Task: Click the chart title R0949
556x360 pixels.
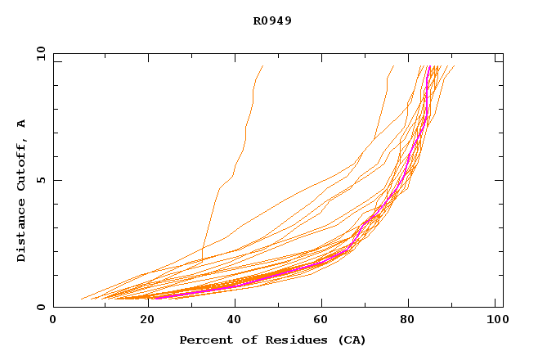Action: [x=272, y=21]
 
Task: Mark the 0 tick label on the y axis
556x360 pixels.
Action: [x=40, y=307]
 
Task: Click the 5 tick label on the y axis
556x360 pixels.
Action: [x=40, y=180]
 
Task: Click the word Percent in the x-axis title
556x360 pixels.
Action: [x=202, y=340]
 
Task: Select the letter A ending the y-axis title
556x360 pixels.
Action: [x=22, y=124]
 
